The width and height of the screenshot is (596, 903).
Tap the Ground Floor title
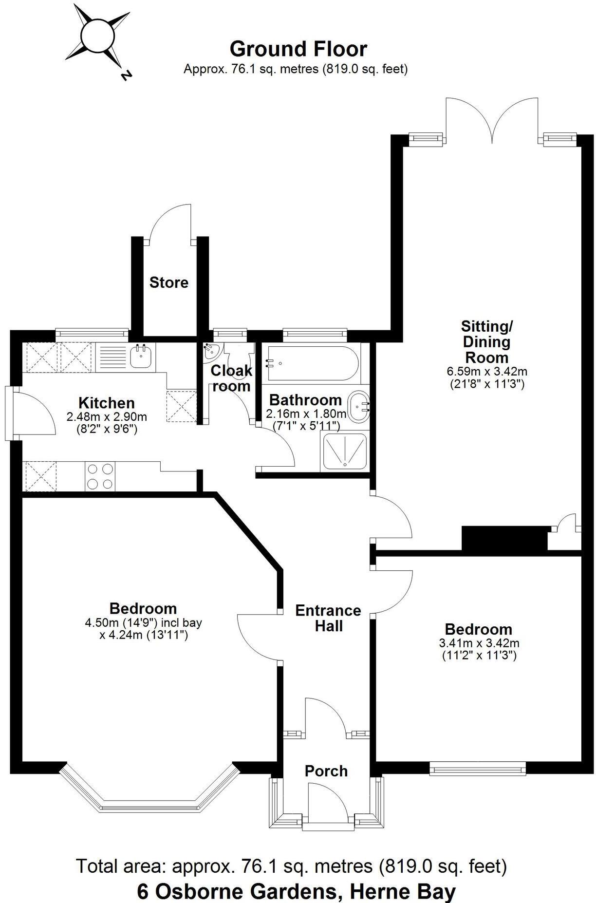point(298,49)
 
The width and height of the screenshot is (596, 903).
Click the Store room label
point(168,282)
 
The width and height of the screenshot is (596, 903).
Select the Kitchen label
point(107,403)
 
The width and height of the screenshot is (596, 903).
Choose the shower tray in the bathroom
point(344,452)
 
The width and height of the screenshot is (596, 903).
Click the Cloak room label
point(231,378)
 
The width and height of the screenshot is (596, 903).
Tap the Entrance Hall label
point(328,618)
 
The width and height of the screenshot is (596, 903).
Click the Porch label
point(326,771)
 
